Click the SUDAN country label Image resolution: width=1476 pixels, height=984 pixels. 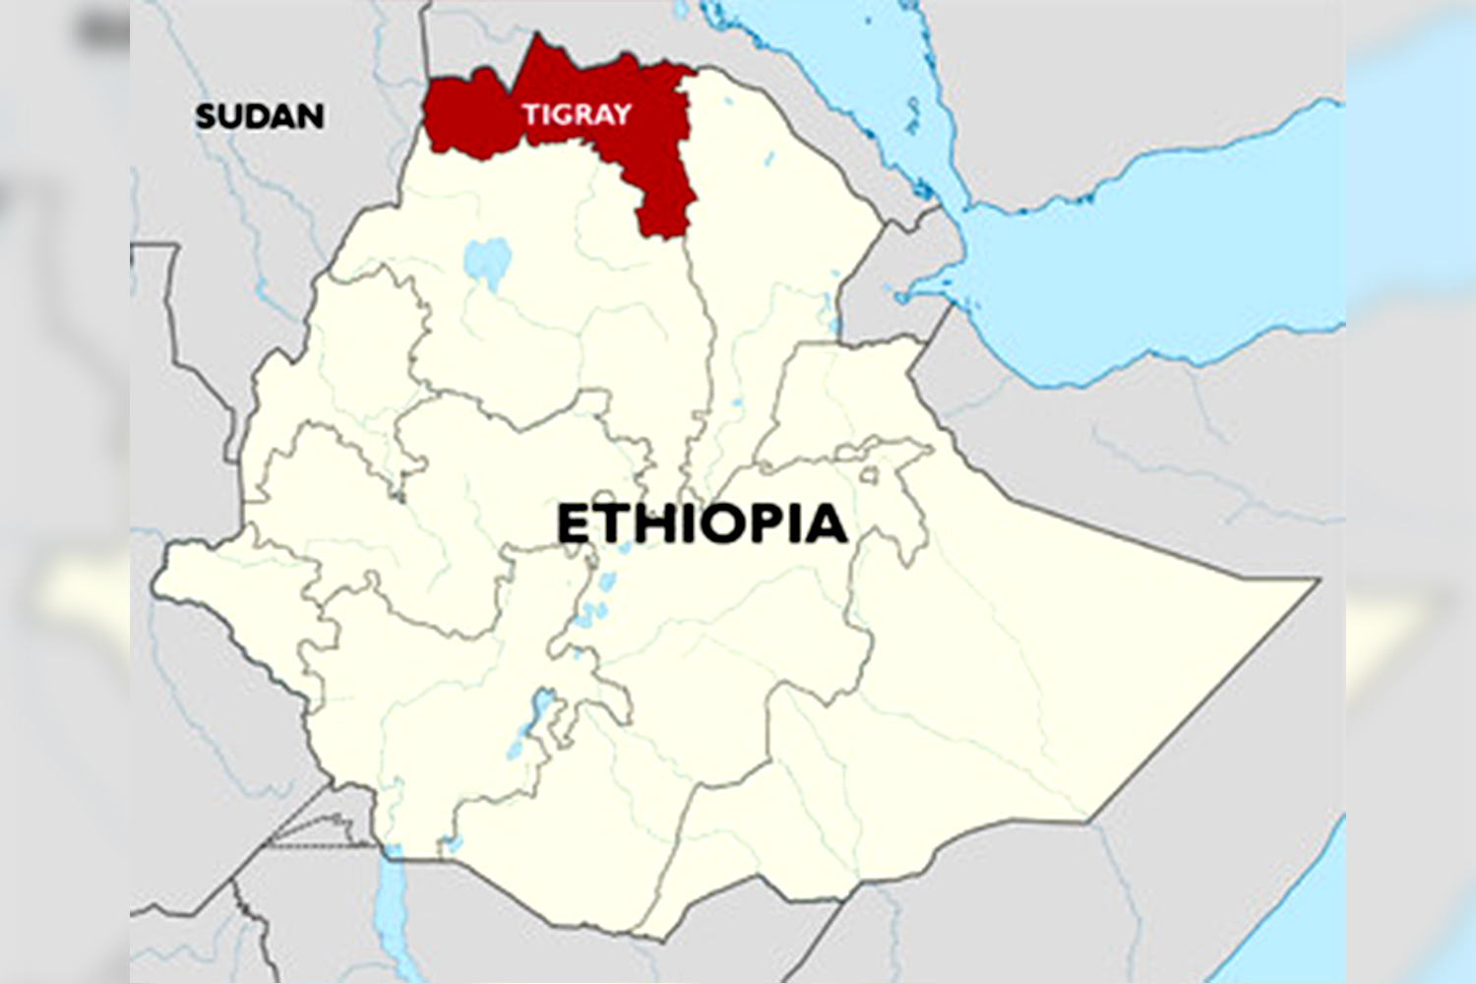[x=260, y=116]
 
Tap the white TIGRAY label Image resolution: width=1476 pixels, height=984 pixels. [x=577, y=114]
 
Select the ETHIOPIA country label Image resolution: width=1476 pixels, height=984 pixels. [x=702, y=523]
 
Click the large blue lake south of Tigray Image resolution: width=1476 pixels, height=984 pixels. [x=488, y=262]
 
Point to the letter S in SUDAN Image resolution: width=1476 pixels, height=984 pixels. [x=206, y=116]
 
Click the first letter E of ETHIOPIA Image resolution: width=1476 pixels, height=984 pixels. [x=574, y=523]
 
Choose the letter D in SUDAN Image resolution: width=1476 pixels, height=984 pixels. [x=259, y=116]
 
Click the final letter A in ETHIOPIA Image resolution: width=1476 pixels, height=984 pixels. [x=827, y=523]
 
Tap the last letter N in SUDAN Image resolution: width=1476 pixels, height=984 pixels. [x=312, y=116]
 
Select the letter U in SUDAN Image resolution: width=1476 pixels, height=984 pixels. [x=232, y=116]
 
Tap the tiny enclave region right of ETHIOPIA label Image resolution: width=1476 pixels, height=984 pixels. [x=868, y=475]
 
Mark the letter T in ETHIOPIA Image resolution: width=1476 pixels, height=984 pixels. [x=613, y=523]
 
